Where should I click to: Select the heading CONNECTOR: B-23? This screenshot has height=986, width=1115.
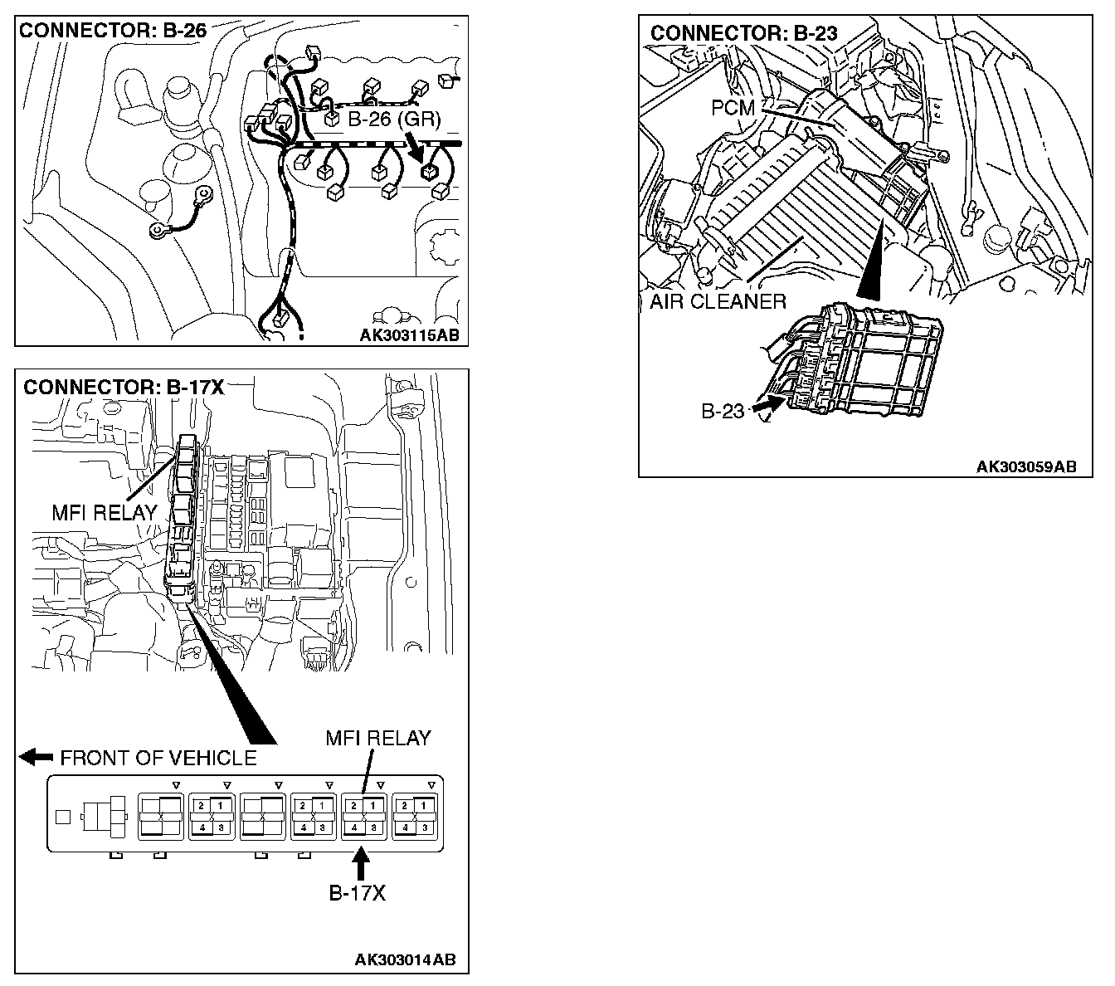coord(743,33)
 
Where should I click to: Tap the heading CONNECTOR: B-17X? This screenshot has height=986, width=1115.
coord(124,387)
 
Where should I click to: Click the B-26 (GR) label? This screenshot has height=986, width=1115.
coord(393,120)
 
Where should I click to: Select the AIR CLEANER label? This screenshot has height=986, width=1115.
coord(718,301)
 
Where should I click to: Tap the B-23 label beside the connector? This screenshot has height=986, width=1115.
coord(723,411)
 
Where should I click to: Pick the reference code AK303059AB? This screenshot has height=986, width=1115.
coord(1025,466)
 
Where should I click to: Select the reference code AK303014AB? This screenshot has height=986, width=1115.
coord(405,960)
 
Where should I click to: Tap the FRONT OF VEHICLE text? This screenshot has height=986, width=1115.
coord(158,758)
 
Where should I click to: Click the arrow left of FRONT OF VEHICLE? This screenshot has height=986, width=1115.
coord(36,757)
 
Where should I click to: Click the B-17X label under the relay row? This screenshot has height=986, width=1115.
coord(358,893)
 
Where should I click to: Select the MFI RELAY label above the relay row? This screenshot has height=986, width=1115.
coord(377,737)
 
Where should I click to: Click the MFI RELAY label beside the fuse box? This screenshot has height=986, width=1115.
coord(104,512)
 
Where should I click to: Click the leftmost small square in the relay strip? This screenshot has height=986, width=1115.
coord(62,816)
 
